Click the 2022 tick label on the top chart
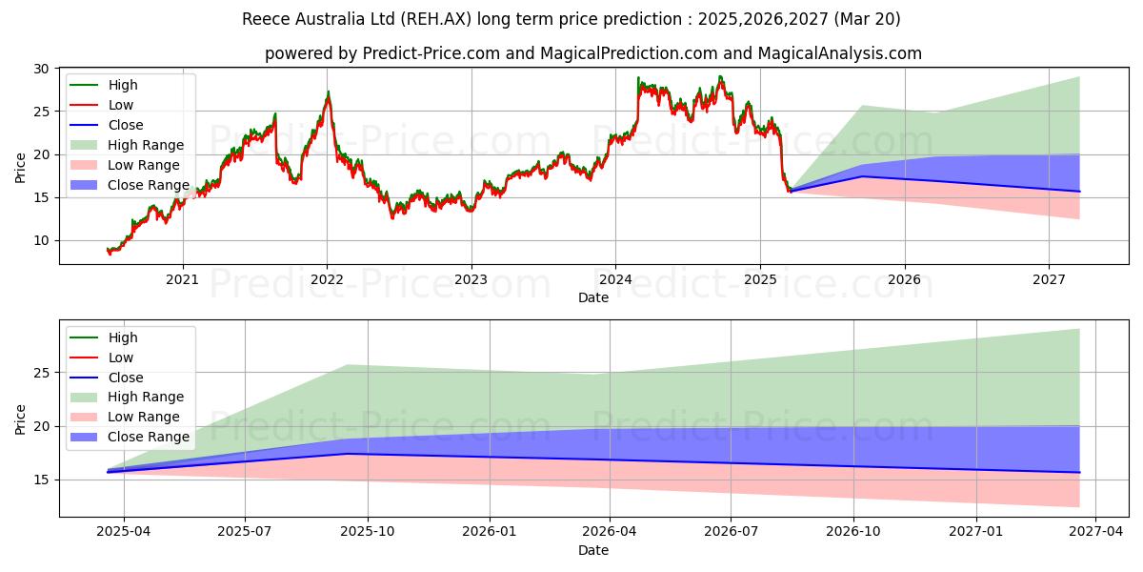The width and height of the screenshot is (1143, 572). click(x=327, y=279)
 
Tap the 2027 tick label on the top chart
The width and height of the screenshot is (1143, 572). click(x=1049, y=279)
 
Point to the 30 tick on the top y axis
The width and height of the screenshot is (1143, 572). click(x=42, y=69)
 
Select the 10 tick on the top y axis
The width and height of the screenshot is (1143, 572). click(x=42, y=240)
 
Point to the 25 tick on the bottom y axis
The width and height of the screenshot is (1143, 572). click(x=42, y=373)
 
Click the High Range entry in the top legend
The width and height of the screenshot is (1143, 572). click(x=146, y=145)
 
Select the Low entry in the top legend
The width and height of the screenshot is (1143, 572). click(x=121, y=105)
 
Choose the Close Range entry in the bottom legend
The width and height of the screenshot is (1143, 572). click(x=149, y=437)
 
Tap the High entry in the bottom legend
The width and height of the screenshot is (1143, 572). click(x=123, y=337)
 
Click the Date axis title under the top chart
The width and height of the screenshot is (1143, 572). click(x=592, y=297)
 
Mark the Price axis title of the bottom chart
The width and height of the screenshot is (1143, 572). click(x=21, y=419)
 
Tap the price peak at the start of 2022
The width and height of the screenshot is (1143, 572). click(x=329, y=93)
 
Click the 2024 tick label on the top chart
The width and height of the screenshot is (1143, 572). click(x=615, y=279)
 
